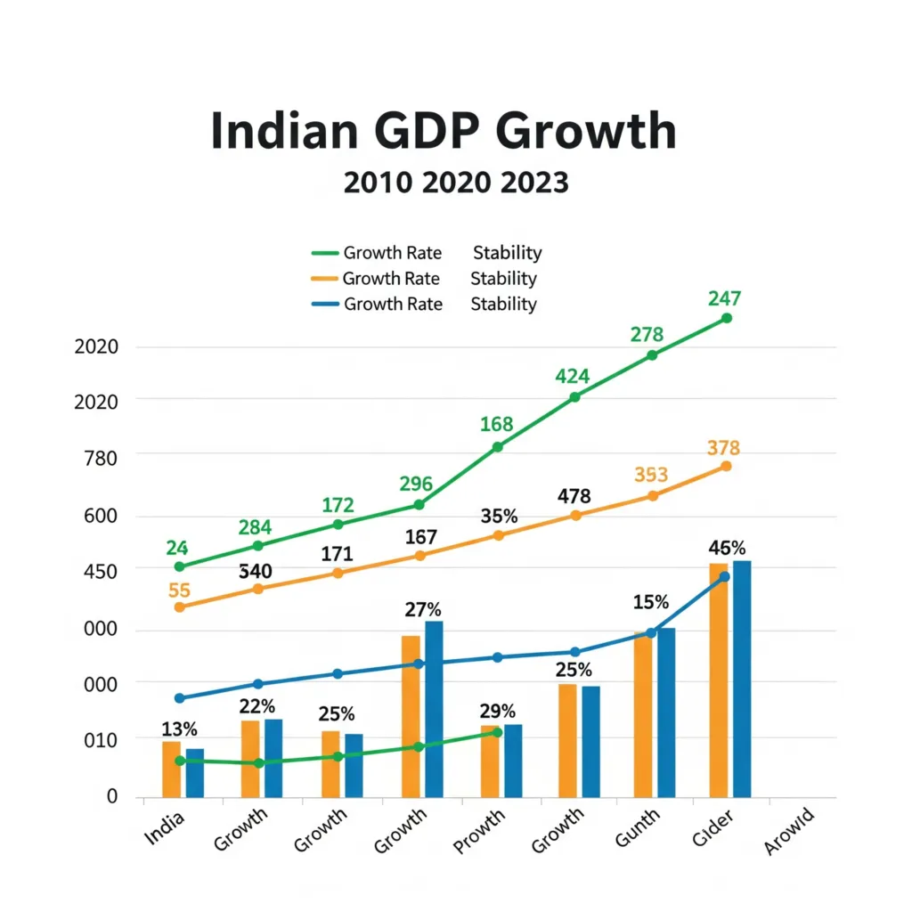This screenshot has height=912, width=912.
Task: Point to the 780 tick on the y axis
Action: (x=100, y=455)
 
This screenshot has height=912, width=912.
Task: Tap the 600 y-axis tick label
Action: (x=100, y=517)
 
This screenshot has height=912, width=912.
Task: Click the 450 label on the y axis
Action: (x=100, y=570)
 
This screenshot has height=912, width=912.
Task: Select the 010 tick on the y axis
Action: (x=100, y=739)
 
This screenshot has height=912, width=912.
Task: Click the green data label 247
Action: (x=725, y=298)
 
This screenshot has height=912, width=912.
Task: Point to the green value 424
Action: (x=573, y=377)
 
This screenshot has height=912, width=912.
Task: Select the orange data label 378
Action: (x=723, y=447)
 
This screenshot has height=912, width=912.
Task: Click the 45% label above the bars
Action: (x=727, y=547)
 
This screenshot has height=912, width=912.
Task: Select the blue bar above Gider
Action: (x=742, y=679)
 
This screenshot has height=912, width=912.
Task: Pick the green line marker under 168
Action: (x=498, y=446)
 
